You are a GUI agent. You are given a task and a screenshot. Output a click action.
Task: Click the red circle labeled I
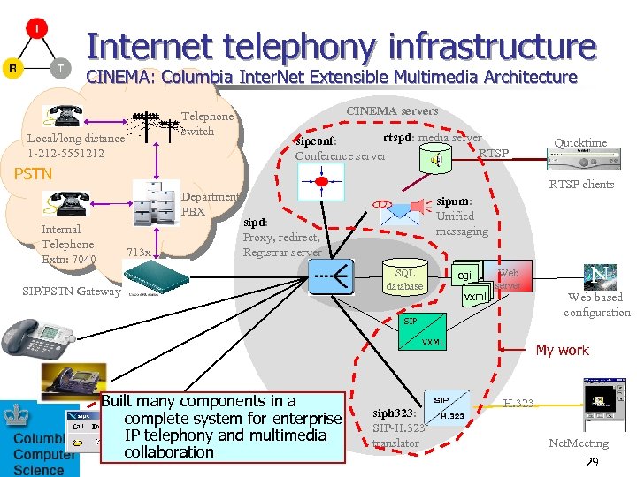pyautogui.click(x=36, y=30)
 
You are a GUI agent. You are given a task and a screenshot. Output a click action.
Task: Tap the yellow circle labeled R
pyautogui.click(x=12, y=68)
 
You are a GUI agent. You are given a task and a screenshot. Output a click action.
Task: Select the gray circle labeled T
pyautogui.click(x=59, y=68)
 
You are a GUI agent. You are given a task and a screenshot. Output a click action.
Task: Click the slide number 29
pyautogui.click(x=592, y=462)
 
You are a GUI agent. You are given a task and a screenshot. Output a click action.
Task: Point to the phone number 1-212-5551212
pyautogui.click(x=65, y=153)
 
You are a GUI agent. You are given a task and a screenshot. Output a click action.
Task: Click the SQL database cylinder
pyautogui.click(x=405, y=280)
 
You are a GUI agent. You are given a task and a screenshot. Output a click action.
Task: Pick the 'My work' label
pyautogui.click(x=562, y=350)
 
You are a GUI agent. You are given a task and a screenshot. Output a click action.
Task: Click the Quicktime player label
pyautogui.click(x=579, y=142)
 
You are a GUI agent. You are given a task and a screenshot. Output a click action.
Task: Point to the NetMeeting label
pyautogui.click(x=579, y=443)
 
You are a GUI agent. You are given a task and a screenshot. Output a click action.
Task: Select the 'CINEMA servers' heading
pyautogui.click(x=391, y=110)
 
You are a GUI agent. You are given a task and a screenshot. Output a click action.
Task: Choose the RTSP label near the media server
pyautogui.click(x=494, y=154)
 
